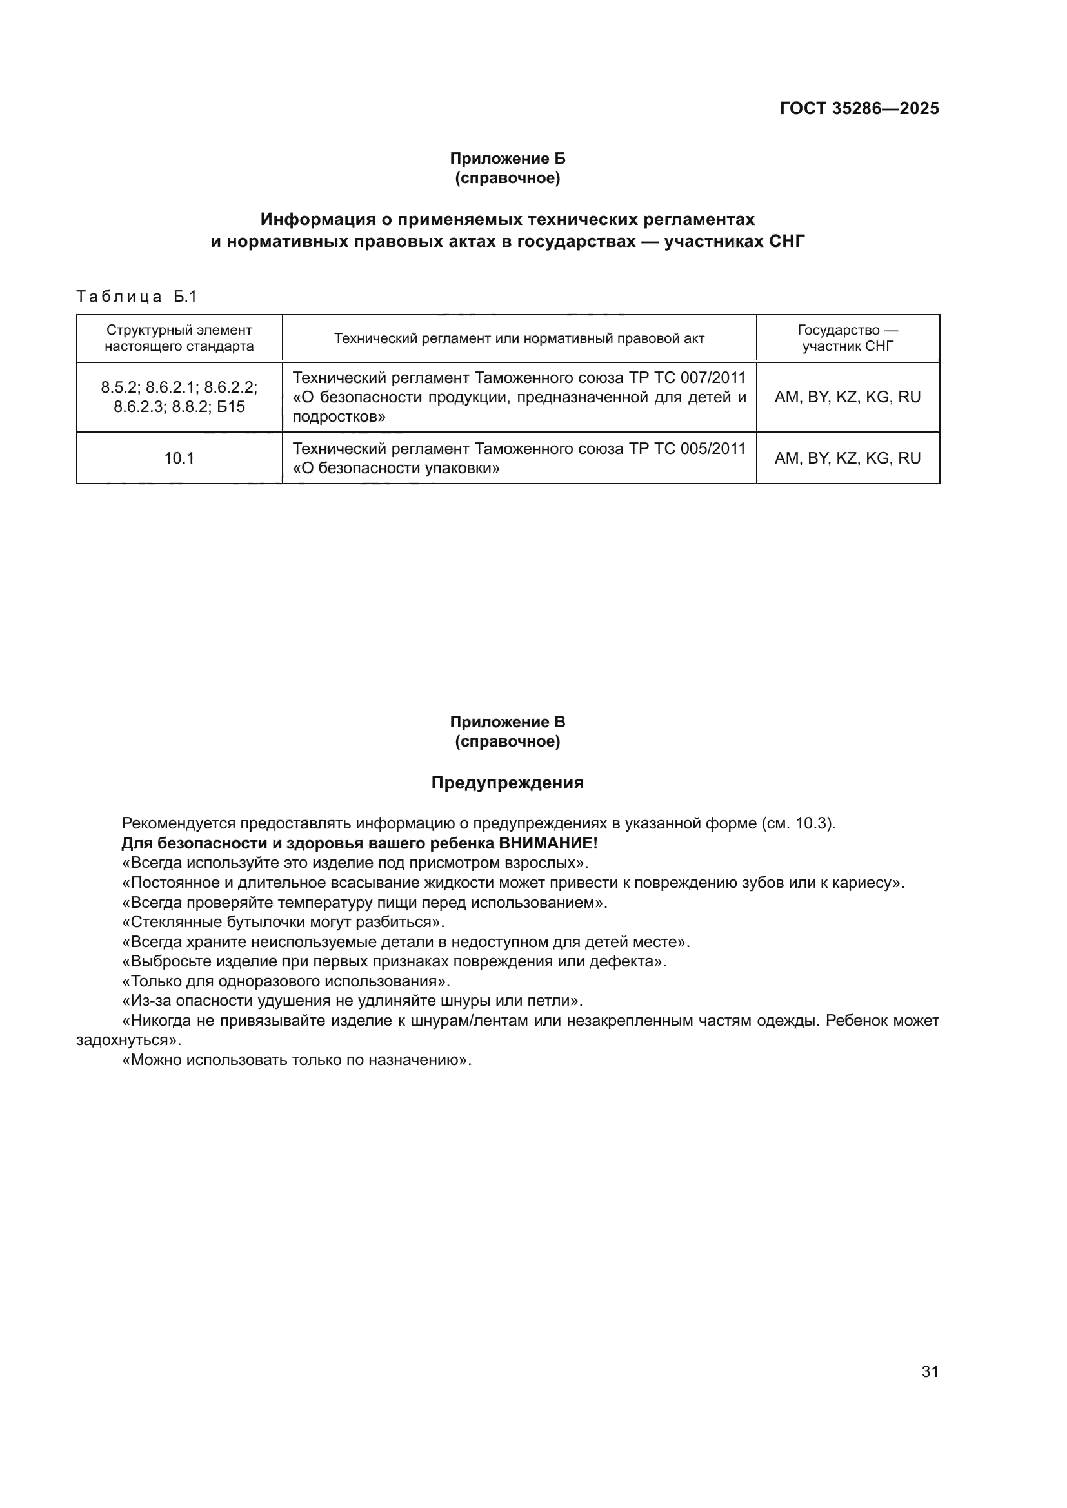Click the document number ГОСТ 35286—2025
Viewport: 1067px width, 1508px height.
859,108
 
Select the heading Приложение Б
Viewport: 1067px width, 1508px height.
507,159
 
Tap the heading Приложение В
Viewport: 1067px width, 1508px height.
507,722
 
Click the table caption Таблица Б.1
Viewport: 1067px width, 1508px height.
137,297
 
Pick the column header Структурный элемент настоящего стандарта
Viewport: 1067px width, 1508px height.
179,338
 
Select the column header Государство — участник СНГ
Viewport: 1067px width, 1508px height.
847,338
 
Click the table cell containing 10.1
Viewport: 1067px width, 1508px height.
179,458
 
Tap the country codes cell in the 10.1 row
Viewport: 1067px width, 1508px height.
847,458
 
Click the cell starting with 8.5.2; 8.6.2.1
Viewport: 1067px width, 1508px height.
179,397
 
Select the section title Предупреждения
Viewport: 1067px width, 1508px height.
507,783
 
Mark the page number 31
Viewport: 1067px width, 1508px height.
930,1371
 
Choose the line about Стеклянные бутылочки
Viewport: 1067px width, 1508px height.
283,922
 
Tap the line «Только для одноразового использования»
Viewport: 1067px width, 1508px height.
286,981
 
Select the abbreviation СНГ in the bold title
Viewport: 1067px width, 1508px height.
786,242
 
